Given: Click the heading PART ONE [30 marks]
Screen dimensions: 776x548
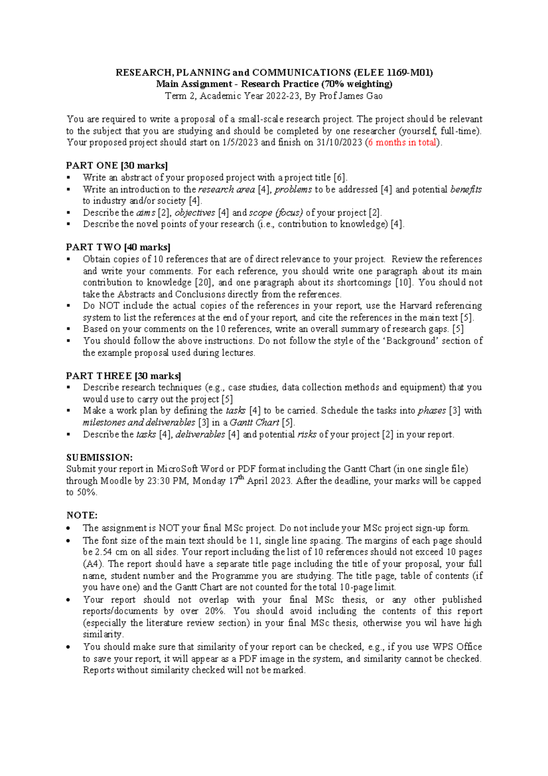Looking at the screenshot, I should (x=117, y=165).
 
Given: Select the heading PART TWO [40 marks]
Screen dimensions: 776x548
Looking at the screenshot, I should (x=118, y=247).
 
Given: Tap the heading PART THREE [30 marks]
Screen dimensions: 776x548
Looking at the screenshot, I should (x=124, y=376).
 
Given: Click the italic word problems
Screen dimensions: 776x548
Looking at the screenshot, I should (x=293, y=189).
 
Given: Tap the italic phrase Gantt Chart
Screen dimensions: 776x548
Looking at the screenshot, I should (x=254, y=422).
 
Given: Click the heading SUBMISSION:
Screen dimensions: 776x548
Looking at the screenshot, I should (x=99, y=457).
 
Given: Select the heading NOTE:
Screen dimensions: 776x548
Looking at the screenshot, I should (x=82, y=515).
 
